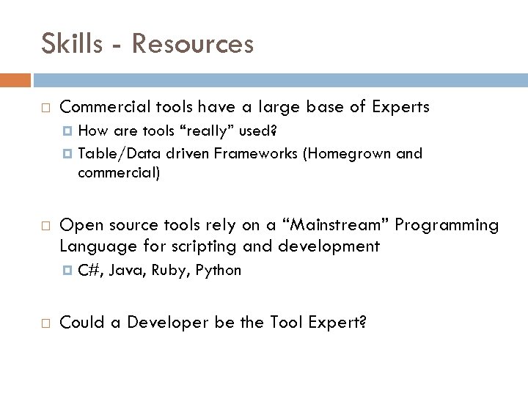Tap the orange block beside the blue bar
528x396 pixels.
tap(15, 78)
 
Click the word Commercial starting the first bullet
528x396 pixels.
tap(103, 106)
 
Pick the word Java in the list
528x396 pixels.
tap(127, 270)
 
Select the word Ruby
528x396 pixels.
tap(169, 270)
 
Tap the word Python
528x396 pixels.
tap(219, 270)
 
